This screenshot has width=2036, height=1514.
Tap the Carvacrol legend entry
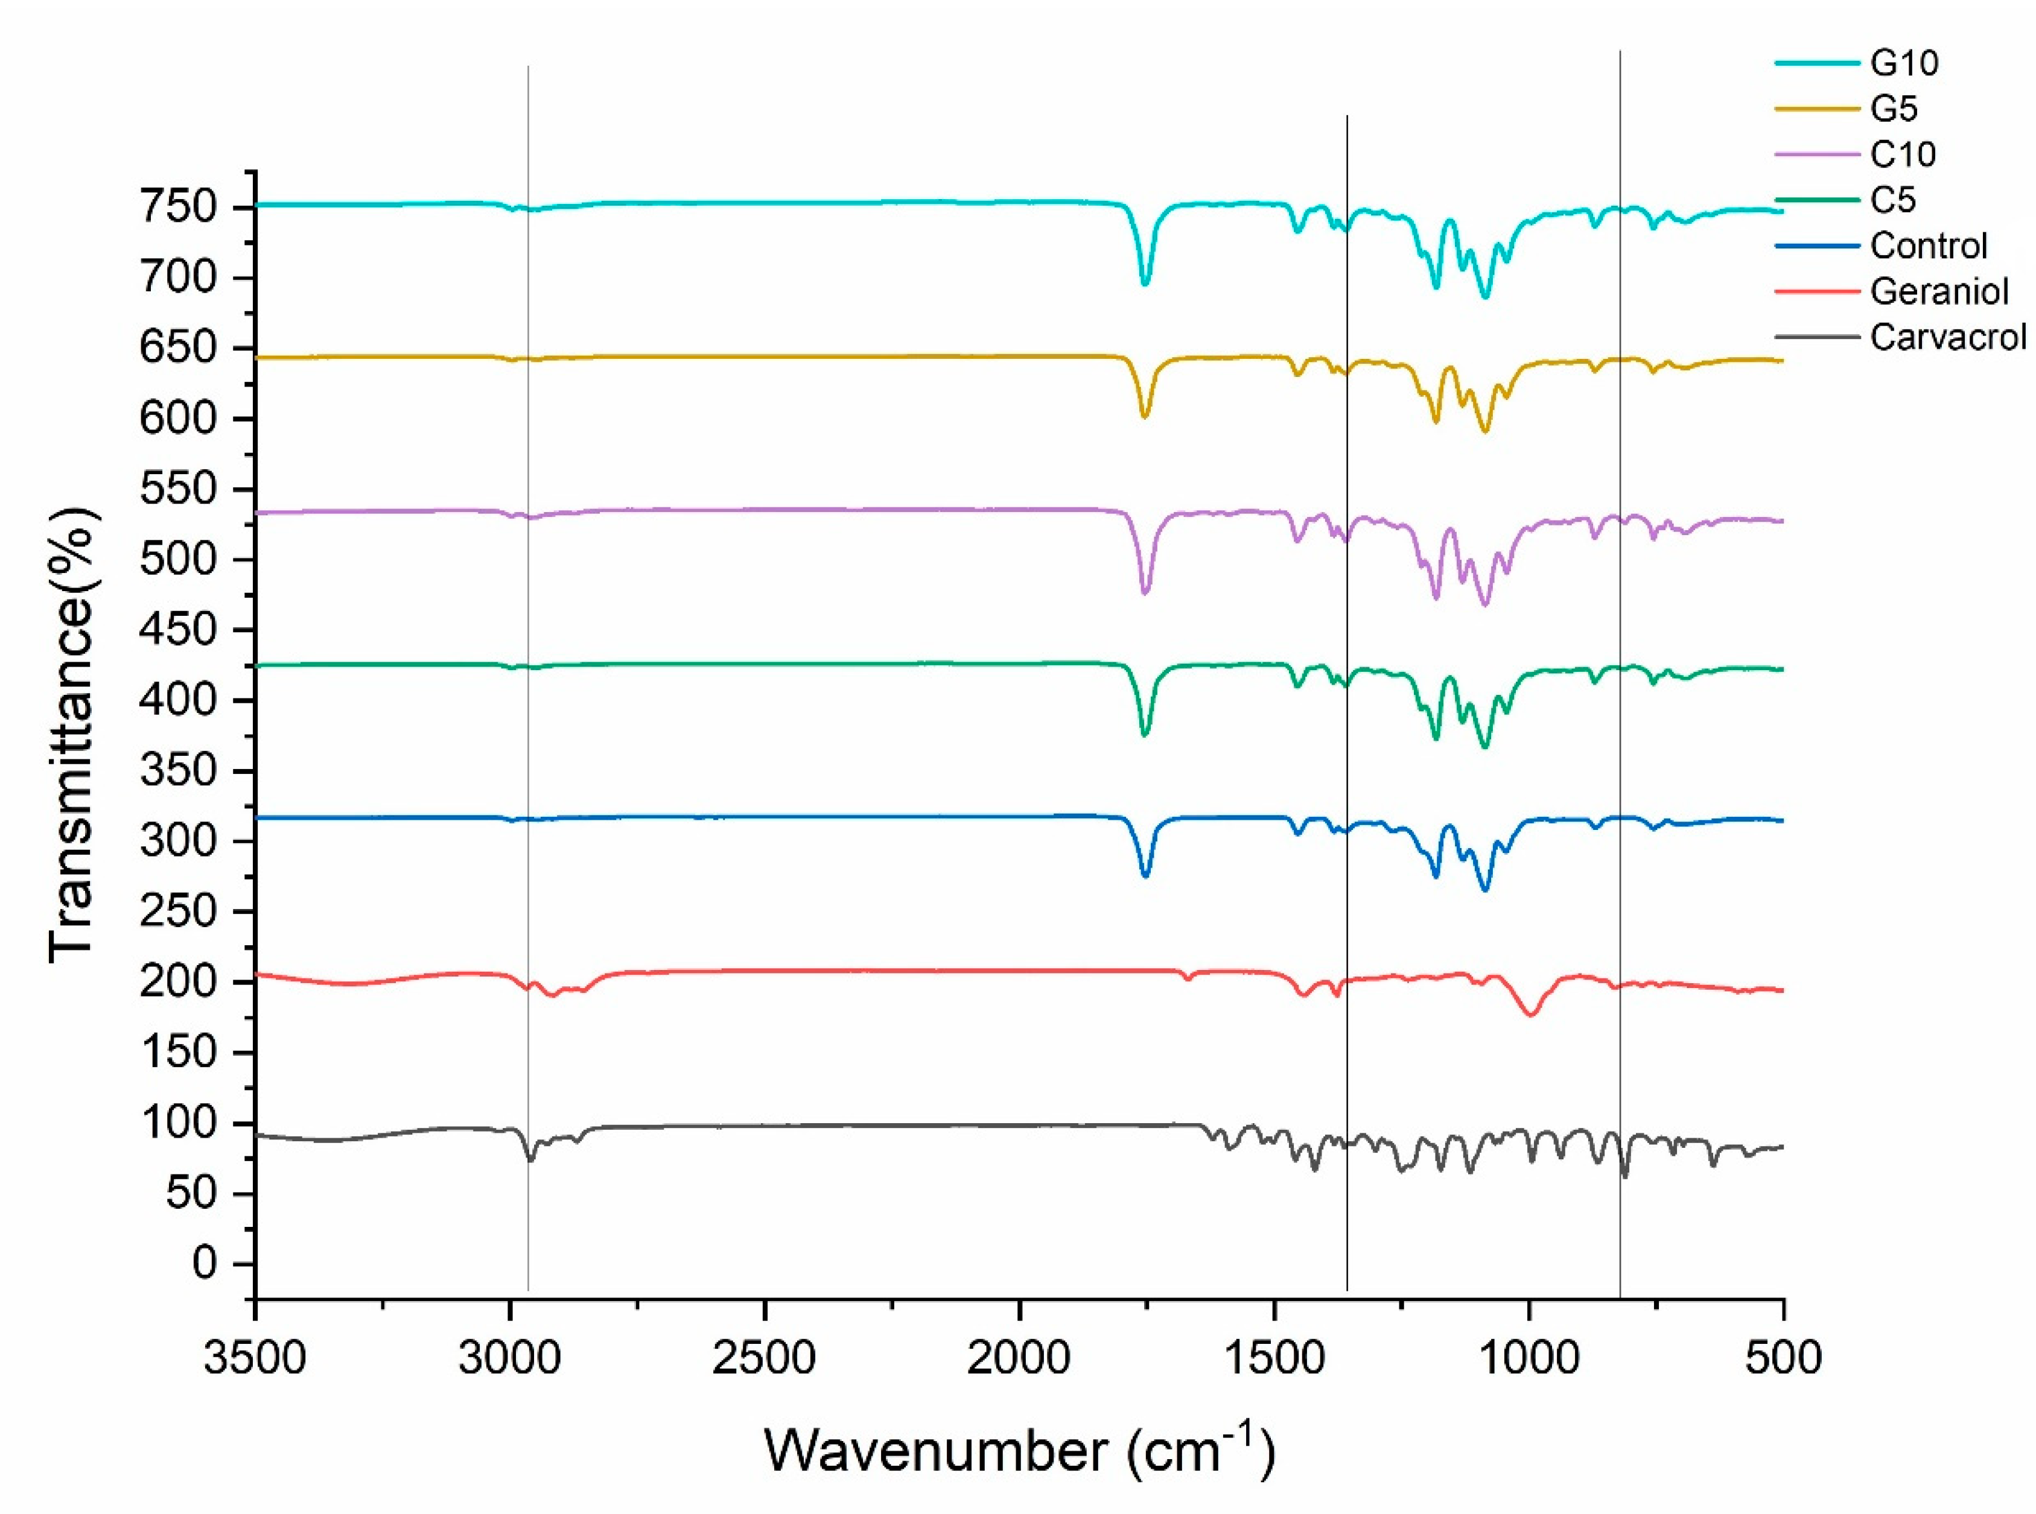[1947, 337]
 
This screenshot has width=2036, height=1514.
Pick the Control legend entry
[1928, 245]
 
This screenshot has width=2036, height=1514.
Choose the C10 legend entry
[1903, 154]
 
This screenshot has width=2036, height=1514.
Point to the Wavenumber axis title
[1017, 1451]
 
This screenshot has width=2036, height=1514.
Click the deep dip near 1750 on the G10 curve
[1144, 283]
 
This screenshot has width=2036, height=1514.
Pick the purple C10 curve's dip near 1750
[1144, 593]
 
